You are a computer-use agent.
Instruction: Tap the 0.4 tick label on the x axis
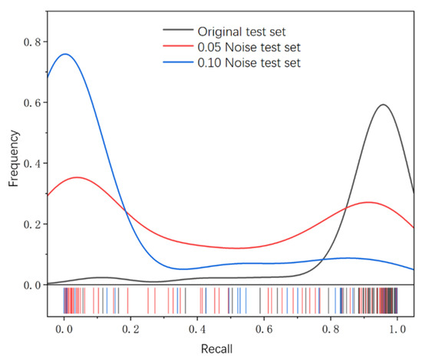pos(197,328)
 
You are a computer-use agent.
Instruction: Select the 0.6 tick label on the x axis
pos(264,328)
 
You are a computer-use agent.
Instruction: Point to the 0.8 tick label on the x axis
pos(331,328)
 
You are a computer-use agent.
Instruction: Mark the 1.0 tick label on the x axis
pos(397,328)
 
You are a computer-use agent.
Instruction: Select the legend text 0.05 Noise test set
pos(246,47)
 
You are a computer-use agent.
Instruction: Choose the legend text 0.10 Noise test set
pos(246,62)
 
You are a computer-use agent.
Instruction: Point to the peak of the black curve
pos(381,104)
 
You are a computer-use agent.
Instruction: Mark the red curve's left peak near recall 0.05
pos(77,177)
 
